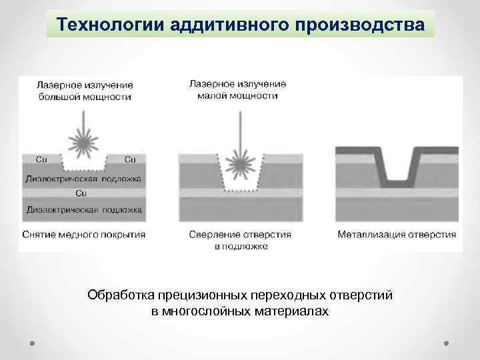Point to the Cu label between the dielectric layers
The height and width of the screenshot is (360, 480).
pyautogui.click(x=83, y=193)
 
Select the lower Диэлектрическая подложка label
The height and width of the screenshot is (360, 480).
pyautogui.click(x=83, y=209)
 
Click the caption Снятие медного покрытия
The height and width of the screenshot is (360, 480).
pyautogui.click(x=83, y=235)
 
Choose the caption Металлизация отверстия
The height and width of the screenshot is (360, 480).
pyautogui.click(x=397, y=235)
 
